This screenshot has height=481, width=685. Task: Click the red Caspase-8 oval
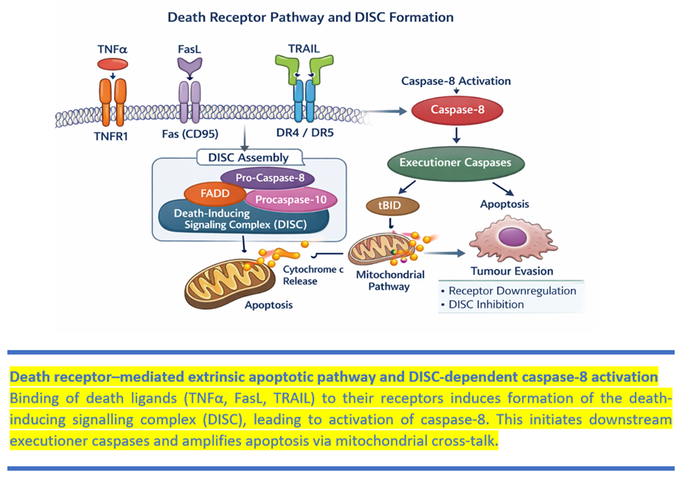(x=457, y=110)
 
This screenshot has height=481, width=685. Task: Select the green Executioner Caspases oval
(x=456, y=163)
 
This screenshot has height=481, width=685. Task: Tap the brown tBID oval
(x=392, y=206)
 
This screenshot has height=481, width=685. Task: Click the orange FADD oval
(x=215, y=193)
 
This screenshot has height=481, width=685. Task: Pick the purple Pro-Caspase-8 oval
(x=268, y=178)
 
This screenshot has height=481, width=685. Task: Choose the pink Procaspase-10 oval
(x=291, y=200)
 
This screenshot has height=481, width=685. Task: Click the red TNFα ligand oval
(x=112, y=64)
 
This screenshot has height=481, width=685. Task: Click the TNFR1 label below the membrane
(x=111, y=137)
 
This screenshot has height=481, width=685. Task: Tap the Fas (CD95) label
(x=190, y=134)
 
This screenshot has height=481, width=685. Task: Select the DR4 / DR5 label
(x=305, y=132)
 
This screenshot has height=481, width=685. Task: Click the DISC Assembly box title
(x=248, y=157)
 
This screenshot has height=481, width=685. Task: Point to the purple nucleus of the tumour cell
(x=513, y=237)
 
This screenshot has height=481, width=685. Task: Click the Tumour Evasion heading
(x=512, y=272)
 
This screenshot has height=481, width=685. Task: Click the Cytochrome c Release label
(x=313, y=275)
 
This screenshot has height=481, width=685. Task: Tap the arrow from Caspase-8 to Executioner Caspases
(x=457, y=135)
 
